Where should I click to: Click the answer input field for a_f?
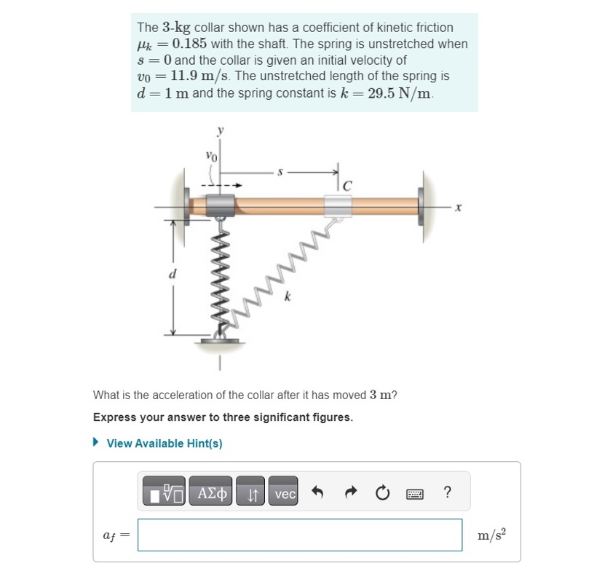click(x=299, y=535)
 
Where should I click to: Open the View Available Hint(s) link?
click(x=164, y=443)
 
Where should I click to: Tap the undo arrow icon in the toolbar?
click(x=317, y=493)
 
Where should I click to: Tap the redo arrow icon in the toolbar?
click(x=349, y=493)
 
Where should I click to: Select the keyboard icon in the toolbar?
click(x=414, y=494)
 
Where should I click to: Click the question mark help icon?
click(x=446, y=493)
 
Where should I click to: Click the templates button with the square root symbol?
click(x=165, y=494)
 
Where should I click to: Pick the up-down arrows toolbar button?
click(x=250, y=494)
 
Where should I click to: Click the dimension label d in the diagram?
click(x=172, y=275)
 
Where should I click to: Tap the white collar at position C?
click(x=337, y=206)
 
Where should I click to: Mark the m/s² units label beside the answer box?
click(x=492, y=535)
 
